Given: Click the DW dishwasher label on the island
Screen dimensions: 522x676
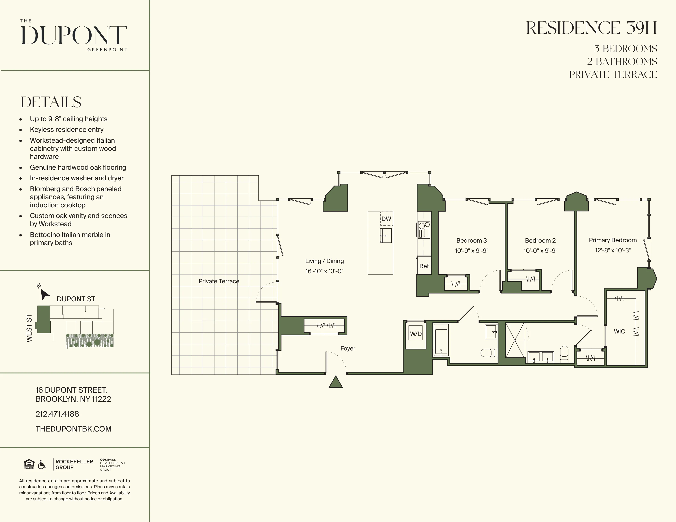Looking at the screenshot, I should tap(386, 219).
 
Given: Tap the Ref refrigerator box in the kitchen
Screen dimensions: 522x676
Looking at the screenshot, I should tap(424, 266).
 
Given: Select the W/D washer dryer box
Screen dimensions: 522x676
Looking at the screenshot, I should tap(415, 334).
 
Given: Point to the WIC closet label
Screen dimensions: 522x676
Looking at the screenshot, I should tap(619, 331).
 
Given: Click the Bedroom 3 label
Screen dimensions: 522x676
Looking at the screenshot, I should tap(471, 240).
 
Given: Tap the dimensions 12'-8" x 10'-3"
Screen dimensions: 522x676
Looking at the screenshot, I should tap(612, 250).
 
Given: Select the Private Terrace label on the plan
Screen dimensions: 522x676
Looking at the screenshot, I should tap(219, 281).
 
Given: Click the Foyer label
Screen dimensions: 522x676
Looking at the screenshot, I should tap(348, 348).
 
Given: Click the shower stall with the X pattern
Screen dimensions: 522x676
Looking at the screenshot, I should tap(515, 340).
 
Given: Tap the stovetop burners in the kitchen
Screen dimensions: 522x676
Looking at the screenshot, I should tap(424, 229).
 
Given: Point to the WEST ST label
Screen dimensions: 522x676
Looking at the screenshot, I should tap(29, 328).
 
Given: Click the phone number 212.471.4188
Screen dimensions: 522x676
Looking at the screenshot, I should tap(57, 414).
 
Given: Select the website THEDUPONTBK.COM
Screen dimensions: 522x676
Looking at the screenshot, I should tap(73, 429).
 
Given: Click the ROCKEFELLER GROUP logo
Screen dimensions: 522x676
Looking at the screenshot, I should tap(74, 464).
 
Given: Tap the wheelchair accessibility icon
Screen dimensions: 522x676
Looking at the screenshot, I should tap(41, 464).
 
